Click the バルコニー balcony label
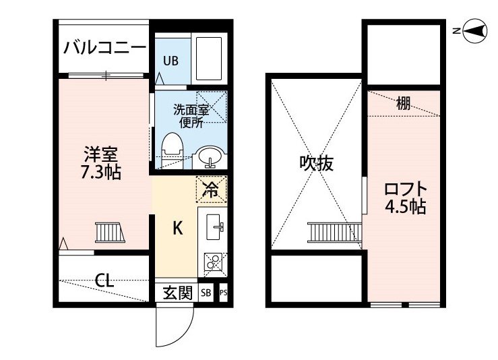pos(104,48)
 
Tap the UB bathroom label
pos(170,60)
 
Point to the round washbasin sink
pos(210,158)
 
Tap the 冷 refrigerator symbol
pos(211,189)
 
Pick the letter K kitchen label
pos(177,228)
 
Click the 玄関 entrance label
pos(177,293)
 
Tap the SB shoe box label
pos(205,293)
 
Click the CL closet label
pos(104,280)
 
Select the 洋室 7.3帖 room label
pos(101,162)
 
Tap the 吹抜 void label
pos(317,162)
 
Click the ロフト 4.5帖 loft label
pos(406,196)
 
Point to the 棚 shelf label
pos(404,103)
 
